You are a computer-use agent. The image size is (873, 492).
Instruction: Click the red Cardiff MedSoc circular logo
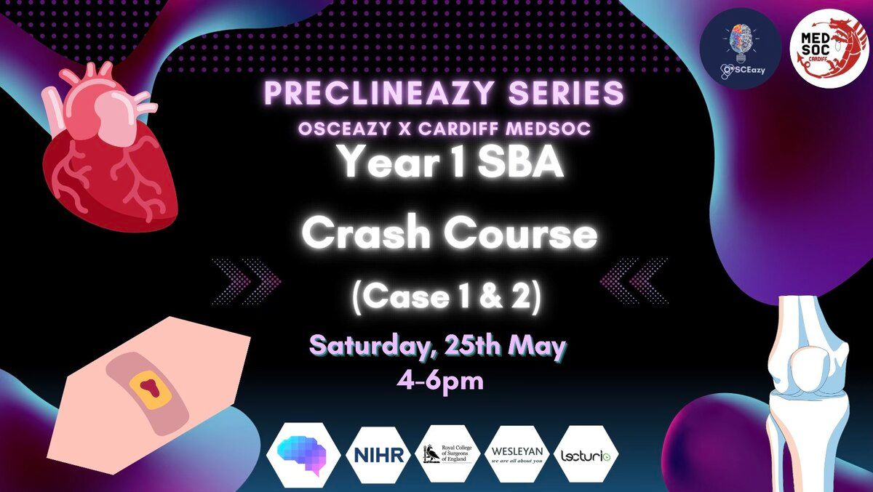pyautogui.click(x=829, y=49)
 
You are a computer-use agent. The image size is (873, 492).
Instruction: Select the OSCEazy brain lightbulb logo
pyautogui.click(x=741, y=49)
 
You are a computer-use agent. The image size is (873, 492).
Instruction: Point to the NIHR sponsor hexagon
pyautogui.click(x=378, y=455)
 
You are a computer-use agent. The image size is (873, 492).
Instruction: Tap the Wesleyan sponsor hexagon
pyautogui.click(x=517, y=454)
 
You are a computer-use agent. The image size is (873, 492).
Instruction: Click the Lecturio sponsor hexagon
pyautogui.click(x=586, y=454)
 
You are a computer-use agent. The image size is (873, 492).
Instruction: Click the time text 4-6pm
pyautogui.click(x=440, y=382)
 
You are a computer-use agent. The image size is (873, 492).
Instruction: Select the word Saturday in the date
pyautogui.click(x=372, y=347)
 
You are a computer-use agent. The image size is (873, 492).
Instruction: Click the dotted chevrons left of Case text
pyautogui.click(x=247, y=281)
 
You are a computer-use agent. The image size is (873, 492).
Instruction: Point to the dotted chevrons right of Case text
pyautogui.click(x=634, y=281)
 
